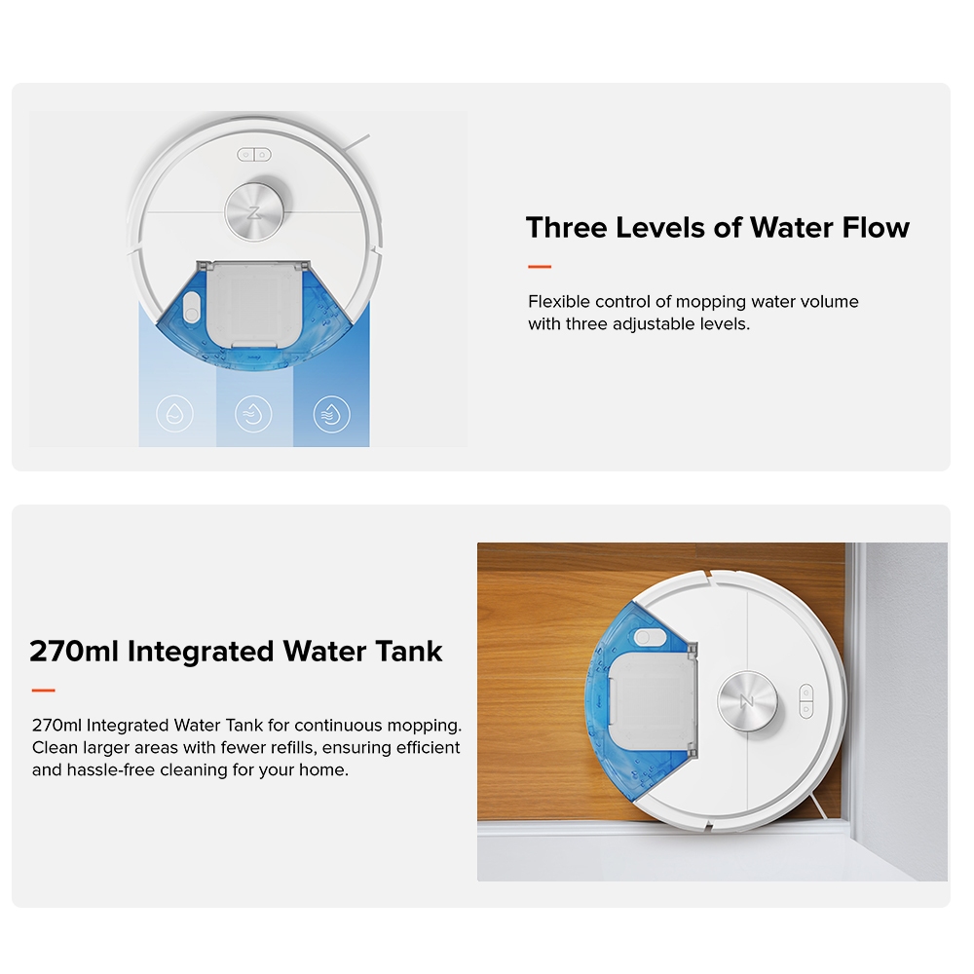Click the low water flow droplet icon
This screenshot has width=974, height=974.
(174, 414)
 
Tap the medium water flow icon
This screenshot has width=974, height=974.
(253, 414)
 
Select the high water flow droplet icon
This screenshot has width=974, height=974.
(332, 414)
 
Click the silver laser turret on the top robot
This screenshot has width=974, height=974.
(254, 211)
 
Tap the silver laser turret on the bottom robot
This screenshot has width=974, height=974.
(747, 700)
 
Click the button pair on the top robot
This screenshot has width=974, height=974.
(254, 155)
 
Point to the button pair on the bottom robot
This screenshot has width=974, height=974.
(805, 701)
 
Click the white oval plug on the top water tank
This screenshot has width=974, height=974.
(192, 308)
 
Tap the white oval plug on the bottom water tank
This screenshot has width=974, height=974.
(650, 637)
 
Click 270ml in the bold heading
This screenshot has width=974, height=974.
(74, 652)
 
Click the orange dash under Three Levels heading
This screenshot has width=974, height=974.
(540, 267)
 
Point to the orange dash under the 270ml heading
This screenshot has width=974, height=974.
(44, 691)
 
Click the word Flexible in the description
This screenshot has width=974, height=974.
(559, 302)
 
